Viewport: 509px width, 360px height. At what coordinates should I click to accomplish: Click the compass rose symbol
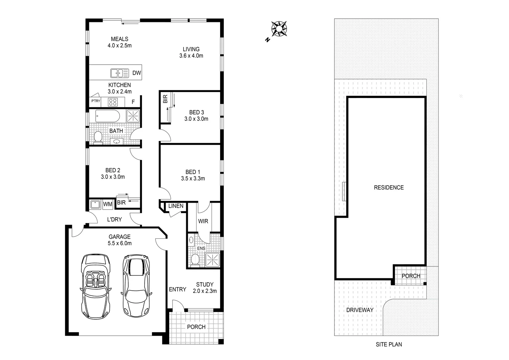pos(279,29)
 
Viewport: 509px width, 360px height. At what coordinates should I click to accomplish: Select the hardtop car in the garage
pos(136,285)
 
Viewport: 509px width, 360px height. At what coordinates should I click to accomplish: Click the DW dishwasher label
pos(137,73)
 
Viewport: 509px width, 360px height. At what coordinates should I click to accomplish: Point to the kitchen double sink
pos(119,73)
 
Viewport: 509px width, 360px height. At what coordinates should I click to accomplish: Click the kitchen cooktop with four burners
pos(113,102)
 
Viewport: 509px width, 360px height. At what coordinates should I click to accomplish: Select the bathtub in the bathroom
pos(107,116)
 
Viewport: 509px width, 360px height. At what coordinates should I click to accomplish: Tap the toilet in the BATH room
pos(98,137)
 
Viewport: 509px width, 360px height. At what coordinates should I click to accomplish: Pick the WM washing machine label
pos(107,204)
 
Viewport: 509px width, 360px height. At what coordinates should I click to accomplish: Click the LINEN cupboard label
pos(176,206)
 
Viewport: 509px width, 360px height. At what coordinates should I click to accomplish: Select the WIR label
pos(203,221)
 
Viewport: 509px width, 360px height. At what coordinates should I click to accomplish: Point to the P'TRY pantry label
pos(96,101)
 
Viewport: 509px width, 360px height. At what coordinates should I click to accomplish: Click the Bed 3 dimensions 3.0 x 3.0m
pos(196,119)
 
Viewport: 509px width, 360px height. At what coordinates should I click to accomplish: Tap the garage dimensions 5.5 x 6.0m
pos(120,243)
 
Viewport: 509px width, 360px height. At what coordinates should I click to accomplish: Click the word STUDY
pos(205,284)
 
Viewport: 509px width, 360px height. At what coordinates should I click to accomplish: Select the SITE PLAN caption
pos(389,344)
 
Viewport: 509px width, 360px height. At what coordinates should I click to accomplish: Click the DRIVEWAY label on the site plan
pos(359,310)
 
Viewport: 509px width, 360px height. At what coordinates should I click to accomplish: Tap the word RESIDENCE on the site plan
pos(388,188)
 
